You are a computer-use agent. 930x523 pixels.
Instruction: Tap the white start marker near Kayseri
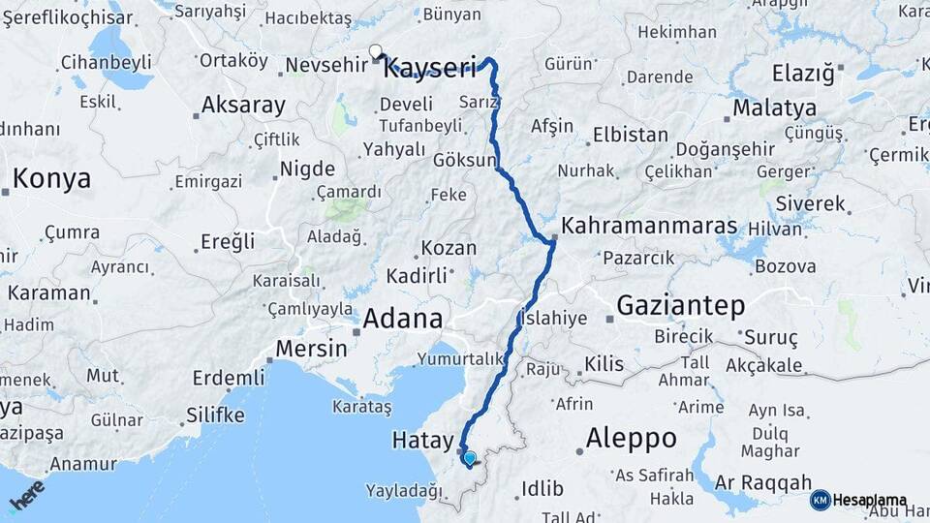(376, 52)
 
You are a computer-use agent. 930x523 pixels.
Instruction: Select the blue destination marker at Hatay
(470, 458)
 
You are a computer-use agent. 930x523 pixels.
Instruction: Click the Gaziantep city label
(682, 307)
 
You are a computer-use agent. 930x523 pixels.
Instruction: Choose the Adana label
(403, 318)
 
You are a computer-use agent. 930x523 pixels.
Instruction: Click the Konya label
(52, 178)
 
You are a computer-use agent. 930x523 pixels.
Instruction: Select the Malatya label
(769, 107)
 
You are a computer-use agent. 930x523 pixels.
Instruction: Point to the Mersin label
(311, 348)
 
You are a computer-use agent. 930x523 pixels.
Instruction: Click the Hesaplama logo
(859, 500)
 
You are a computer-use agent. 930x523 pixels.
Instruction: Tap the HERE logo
(26, 498)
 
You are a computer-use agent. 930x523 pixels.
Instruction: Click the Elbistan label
(630, 135)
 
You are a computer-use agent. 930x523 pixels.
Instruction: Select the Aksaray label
(244, 106)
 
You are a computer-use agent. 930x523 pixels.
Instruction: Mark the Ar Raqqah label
(762, 482)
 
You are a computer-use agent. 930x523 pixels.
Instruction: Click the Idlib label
(542, 486)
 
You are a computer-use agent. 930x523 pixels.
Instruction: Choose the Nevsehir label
(326, 67)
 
